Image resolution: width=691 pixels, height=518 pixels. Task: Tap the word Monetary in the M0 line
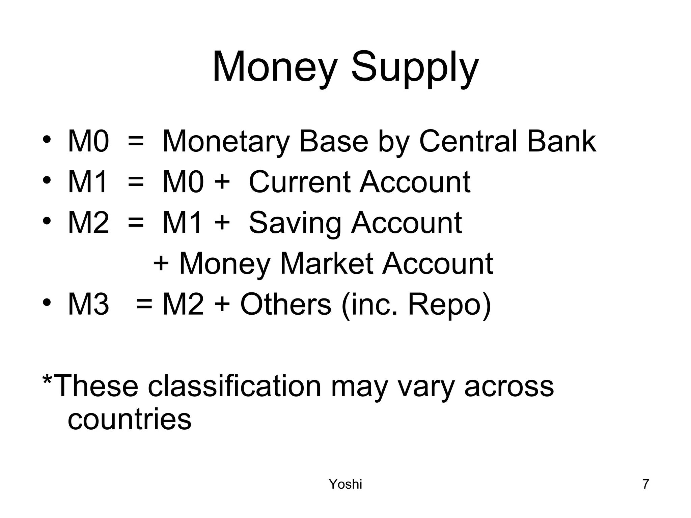(226, 142)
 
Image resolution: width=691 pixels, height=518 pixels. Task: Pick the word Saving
(295, 224)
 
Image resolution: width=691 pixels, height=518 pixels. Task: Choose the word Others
(285, 305)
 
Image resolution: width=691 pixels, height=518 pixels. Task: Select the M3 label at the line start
(88, 305)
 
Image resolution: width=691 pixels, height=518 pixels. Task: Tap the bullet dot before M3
(47, 302)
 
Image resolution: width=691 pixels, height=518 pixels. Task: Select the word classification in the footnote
(234, 386)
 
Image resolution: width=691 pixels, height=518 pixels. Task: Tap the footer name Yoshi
(345, 484)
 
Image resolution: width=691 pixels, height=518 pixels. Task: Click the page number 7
(646, 484)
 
